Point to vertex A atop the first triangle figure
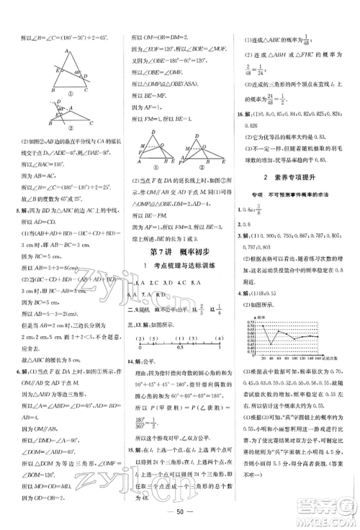click(67, 51)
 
